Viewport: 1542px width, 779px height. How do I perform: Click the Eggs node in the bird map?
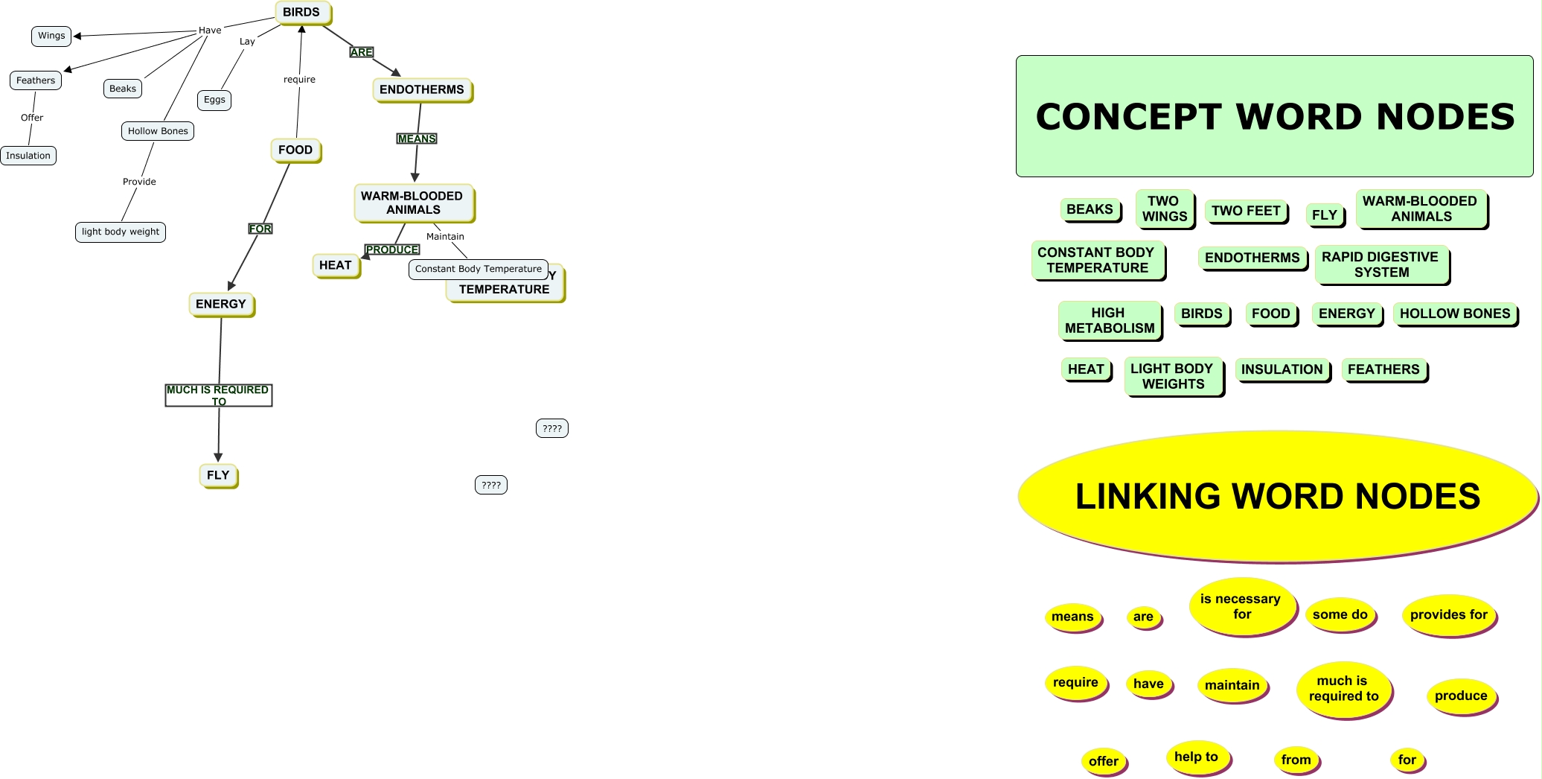214,100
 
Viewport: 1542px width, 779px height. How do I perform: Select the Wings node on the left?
51,36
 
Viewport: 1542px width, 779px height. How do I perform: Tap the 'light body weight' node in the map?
121,232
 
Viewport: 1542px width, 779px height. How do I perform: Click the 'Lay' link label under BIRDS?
247,42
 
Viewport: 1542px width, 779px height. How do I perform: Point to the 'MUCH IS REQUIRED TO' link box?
218,395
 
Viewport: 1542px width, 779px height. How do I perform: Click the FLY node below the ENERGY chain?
218,475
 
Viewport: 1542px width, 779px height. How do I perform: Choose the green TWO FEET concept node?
1245,211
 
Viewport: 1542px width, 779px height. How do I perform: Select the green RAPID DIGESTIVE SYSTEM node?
1381,264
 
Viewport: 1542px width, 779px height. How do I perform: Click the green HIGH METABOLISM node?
1109,320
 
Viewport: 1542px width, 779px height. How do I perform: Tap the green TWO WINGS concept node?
1164,209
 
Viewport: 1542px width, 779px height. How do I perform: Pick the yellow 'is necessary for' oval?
1241,606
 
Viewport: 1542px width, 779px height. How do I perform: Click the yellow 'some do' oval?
1340,614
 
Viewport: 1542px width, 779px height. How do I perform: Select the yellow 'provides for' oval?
1448,614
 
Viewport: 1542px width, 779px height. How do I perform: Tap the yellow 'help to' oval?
1196,757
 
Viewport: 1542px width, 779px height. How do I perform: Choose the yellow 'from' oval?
1296,760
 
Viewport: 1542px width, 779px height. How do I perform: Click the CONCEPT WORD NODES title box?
1274,116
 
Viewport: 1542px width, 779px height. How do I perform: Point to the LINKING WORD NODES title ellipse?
1277,496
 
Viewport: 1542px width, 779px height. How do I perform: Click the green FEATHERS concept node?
1383,369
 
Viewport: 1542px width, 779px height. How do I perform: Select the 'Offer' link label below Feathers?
32,118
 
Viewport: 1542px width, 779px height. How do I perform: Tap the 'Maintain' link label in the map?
445,237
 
